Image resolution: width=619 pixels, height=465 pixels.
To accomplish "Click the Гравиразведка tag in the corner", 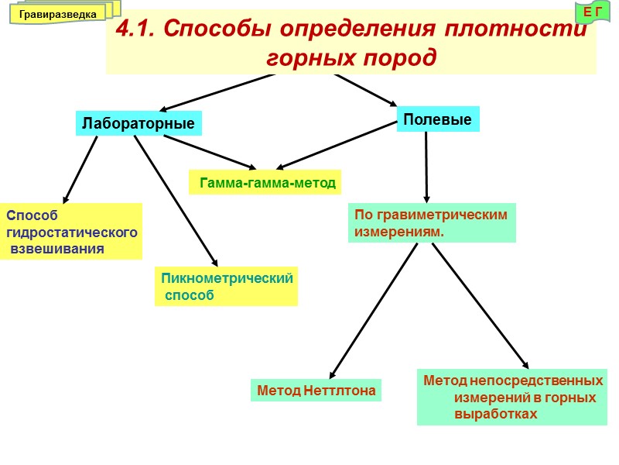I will pos(57,14).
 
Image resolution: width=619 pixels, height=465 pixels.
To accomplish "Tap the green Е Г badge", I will pos(593,11).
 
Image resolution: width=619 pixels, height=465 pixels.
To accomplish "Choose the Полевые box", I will pos(438,119).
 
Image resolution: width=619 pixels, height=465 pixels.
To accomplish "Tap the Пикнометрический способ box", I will pos(226,286).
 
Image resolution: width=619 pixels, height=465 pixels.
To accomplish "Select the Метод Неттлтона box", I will pos(316,391).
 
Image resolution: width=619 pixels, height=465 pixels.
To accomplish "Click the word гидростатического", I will pos(72,232).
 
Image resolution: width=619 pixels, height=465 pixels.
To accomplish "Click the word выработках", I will pos(495,414).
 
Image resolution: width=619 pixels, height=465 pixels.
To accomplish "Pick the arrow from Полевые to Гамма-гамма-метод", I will pos(337,145).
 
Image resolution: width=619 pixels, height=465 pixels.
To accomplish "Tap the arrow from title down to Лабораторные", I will pos(217,92).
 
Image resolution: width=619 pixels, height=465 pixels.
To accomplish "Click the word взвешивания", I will pos(58,249).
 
